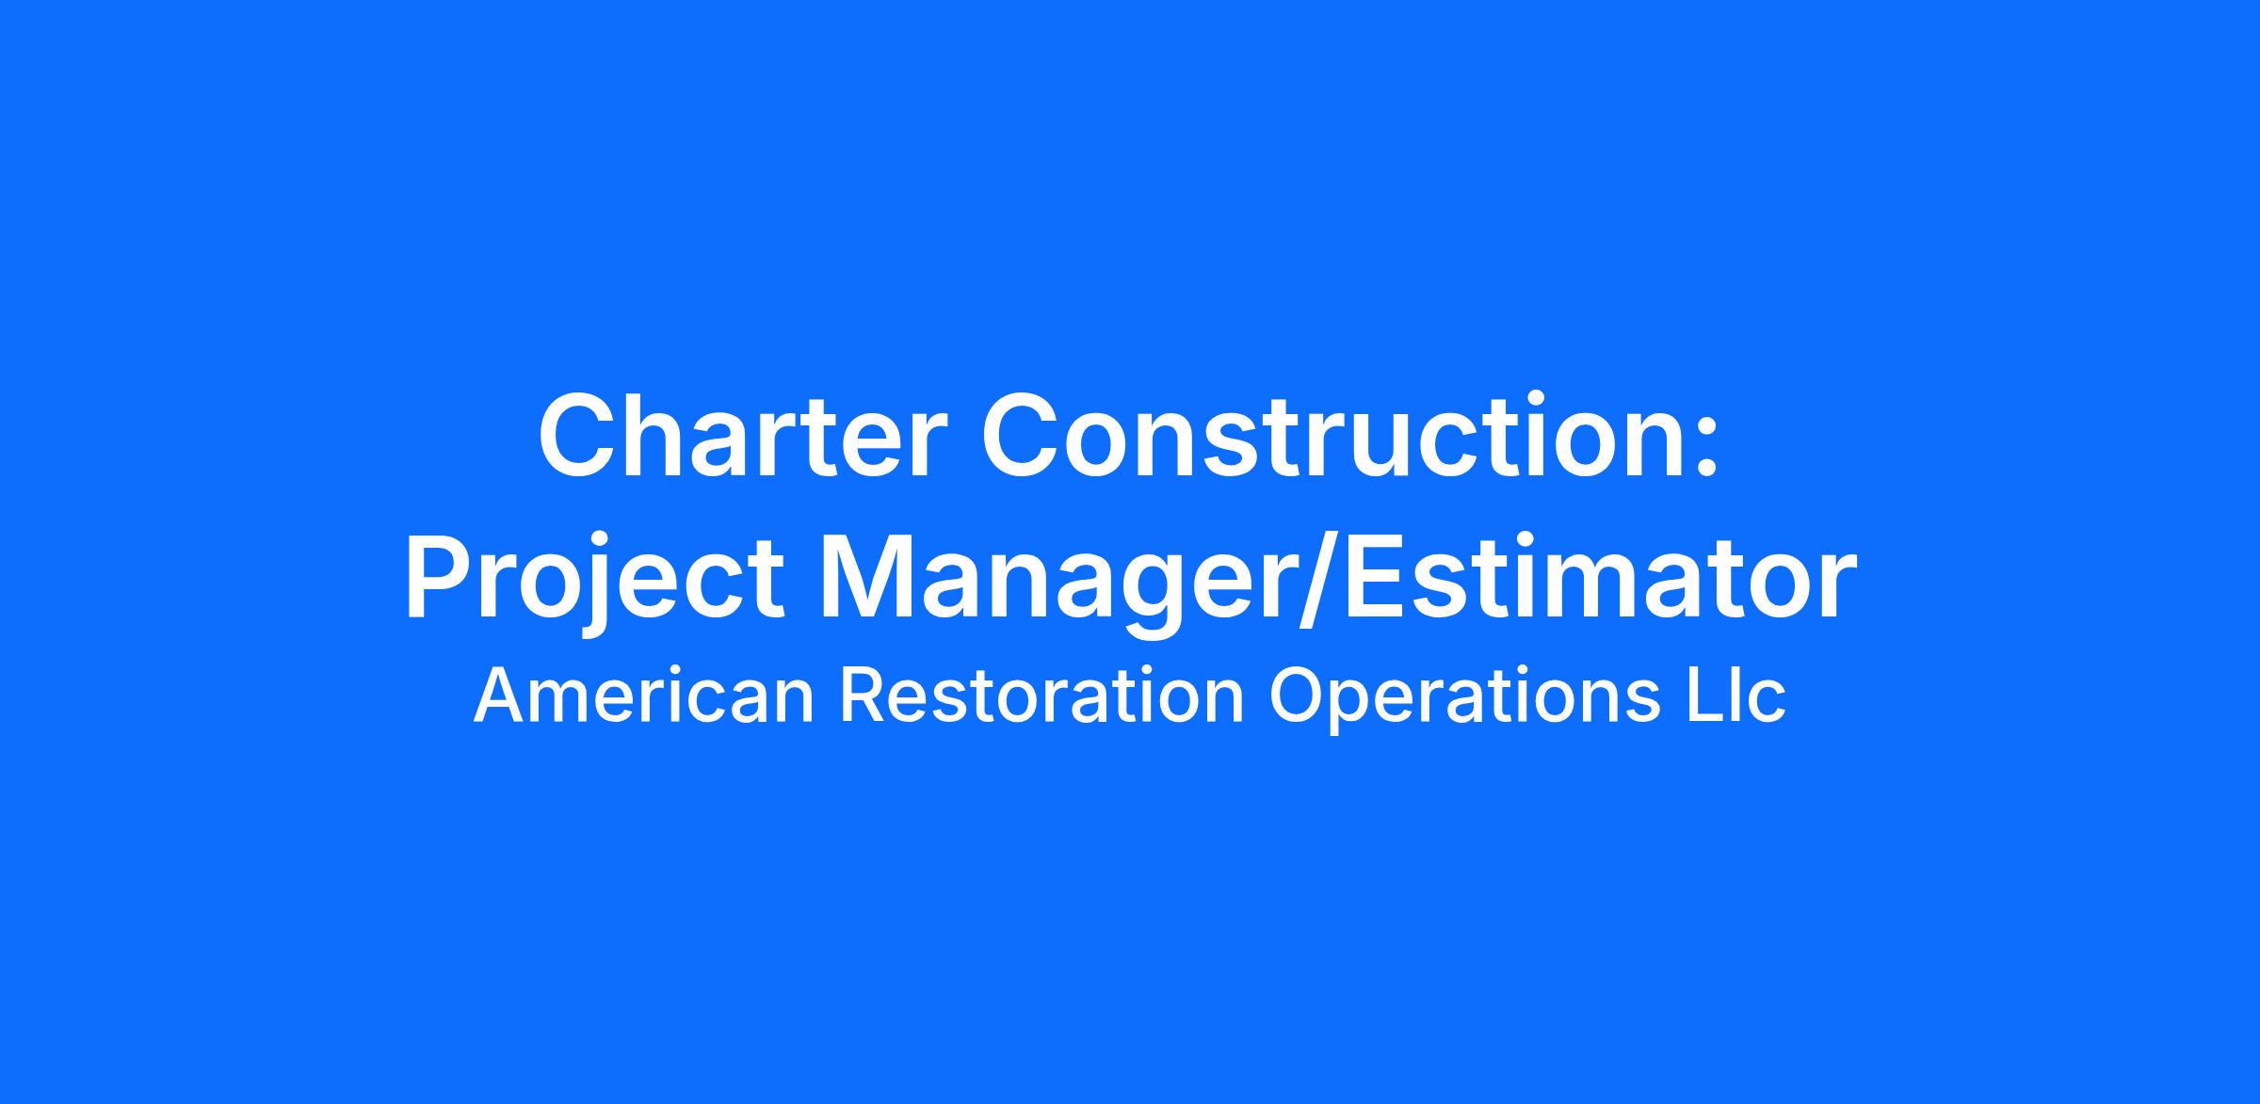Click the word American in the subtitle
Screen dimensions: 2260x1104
643,696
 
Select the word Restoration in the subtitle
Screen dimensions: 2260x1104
1042,696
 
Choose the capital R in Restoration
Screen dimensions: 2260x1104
862,696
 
